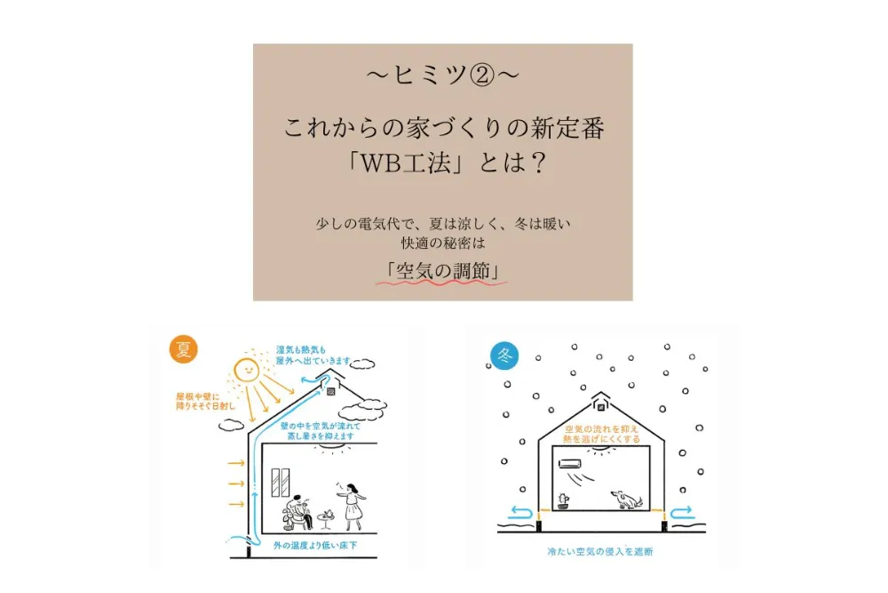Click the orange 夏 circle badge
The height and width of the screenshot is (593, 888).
(184, 349)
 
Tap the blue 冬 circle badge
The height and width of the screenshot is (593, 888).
(504, 356)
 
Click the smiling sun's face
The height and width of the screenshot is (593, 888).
(247, 370)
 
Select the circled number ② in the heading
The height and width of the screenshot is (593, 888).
(482, 76)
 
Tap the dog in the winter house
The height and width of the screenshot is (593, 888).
(626, 500)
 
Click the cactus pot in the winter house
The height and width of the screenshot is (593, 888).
(563, 501)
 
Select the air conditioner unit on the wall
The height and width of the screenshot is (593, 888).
(570, 464)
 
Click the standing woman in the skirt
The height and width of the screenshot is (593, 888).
(353, 507)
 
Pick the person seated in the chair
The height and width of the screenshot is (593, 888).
(297, 512)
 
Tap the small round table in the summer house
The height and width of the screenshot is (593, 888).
(325, 519)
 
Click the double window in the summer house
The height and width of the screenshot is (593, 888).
(281, 483)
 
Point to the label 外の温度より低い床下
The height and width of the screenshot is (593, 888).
(315, 545)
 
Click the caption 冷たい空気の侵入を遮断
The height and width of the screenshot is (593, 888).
(600, 551)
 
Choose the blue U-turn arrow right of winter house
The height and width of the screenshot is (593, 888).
(682, 512)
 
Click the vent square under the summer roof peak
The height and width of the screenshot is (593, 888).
(330, 391)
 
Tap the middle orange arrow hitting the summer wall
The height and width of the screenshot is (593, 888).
(236, 484)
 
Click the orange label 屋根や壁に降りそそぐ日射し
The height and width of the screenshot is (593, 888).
(204, 401)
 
